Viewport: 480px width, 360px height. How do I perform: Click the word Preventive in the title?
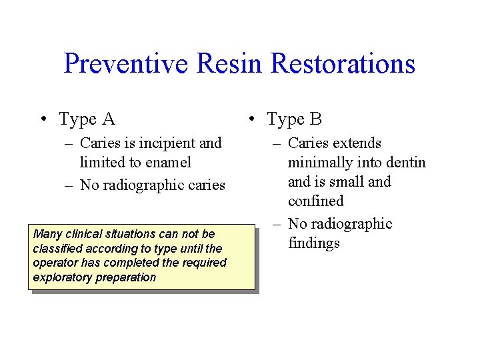pyautogui.click(x=126, y=64)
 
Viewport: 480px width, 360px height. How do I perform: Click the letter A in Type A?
pyautogui.click(x=108, y=119)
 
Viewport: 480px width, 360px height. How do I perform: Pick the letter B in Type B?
pyautogui.click(x=316, y=119)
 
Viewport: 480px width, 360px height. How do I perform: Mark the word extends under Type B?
pyautogui.click(x=358, y=143)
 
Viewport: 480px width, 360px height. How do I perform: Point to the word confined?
pyautogui.click(x=315, y=201)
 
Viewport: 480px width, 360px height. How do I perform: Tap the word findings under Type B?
pyautogui.click(x=314, y=243)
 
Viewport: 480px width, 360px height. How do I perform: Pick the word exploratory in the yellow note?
pyautogui.click(x=61, y=277)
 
